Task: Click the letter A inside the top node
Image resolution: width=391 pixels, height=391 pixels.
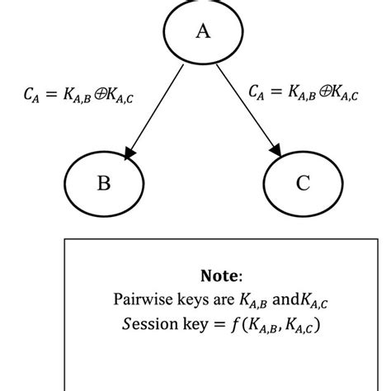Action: (202, 31)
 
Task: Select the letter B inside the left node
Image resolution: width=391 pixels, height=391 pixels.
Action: (104, 182)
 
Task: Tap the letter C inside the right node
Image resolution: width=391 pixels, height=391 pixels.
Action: (304, 182)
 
